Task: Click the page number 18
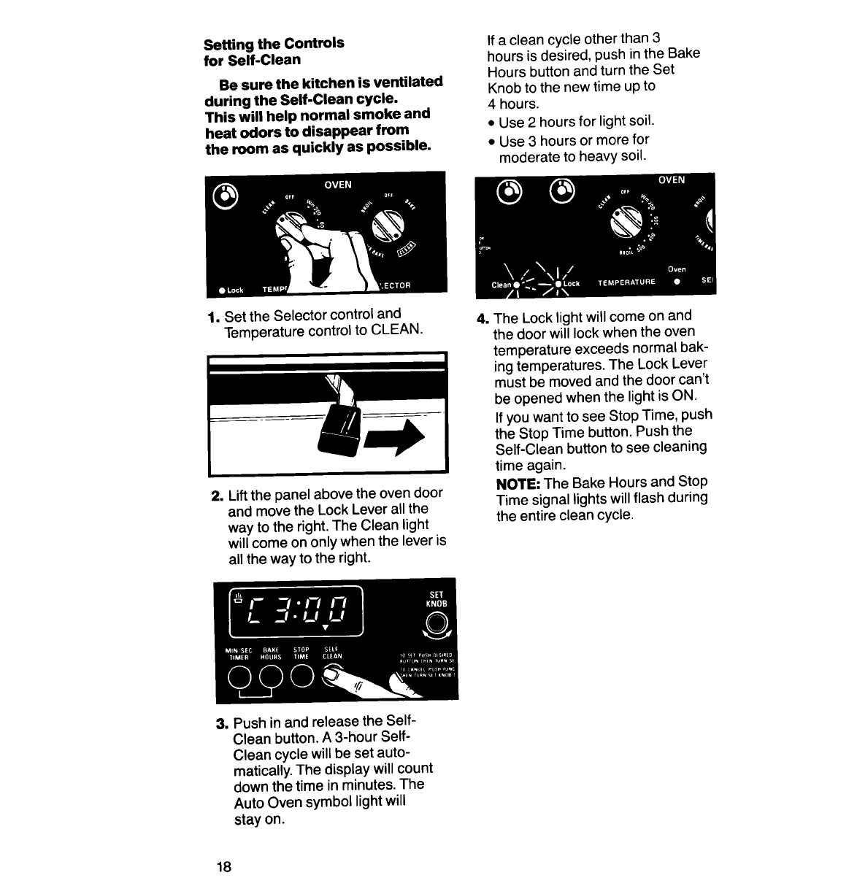pyautogui.click(x=223, y=867)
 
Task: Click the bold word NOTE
pyautogui.click(x=518, y=482)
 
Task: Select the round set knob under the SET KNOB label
pyautogui.click(x=437, y=623)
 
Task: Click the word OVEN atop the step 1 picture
pyautogui.click(x=337, y=185)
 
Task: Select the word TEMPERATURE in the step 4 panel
pyautogui.click(x=626, y=281)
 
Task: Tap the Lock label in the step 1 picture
pyautogui.click(x=234, y=290)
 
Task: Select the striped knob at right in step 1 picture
pyautogui.click(x=388, y=224)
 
